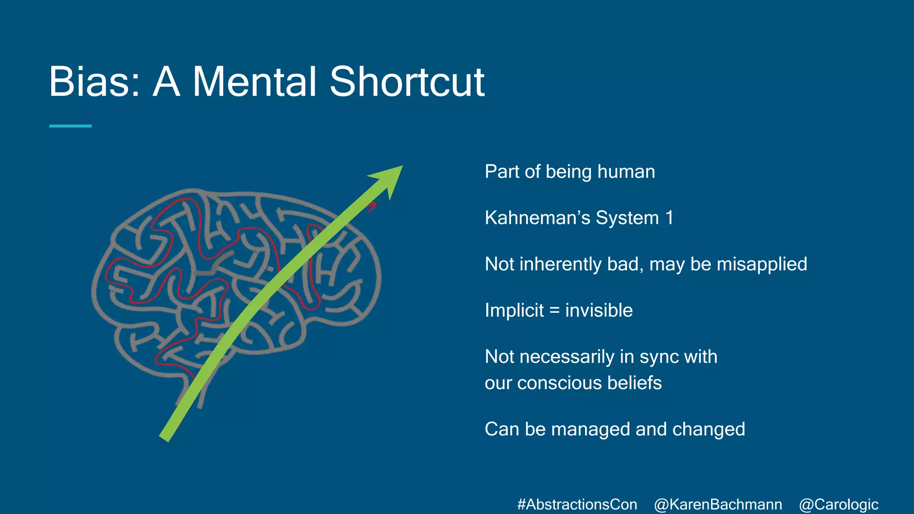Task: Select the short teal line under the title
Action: (70, 126)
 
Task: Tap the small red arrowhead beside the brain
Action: (372, 207)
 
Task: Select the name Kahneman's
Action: (537, 218)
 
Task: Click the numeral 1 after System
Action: (669, 218)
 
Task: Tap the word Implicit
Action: (514, 311)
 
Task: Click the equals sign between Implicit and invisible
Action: (554, 311)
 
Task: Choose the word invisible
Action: (599, 311)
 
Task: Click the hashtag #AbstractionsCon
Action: (577, 504)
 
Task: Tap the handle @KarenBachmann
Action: (718, 504)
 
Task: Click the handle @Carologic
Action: (839, 504)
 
